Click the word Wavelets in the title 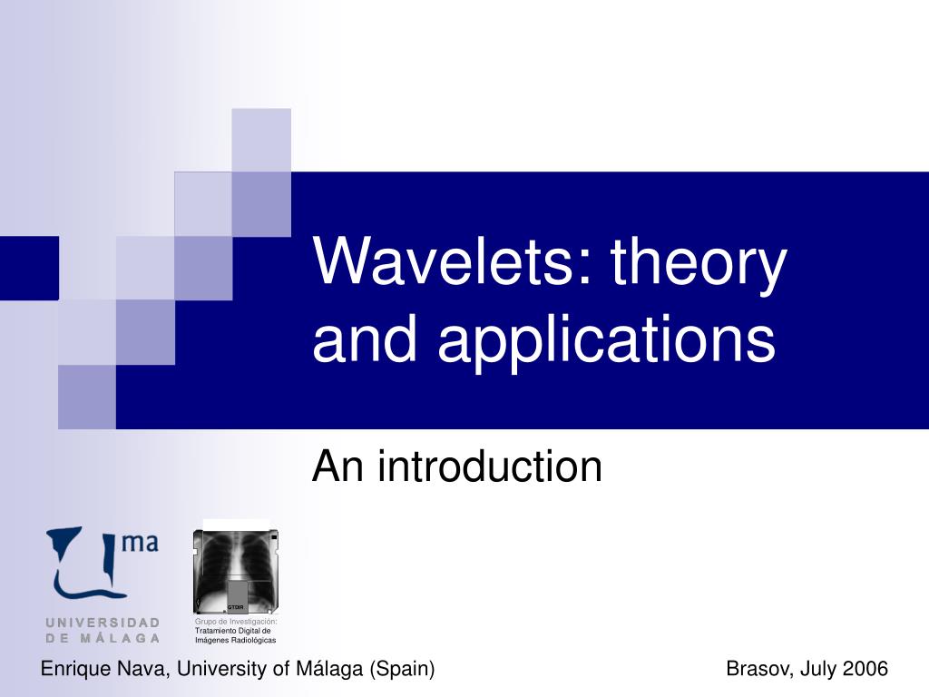pos(443,260)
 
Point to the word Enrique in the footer pos(76,669)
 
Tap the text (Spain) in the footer pos(402,669)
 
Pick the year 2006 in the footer pos(865,669)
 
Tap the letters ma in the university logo pos(140,543)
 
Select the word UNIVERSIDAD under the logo pos(103,623)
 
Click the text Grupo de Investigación pos(236,621)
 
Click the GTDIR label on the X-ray pos(235,607)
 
